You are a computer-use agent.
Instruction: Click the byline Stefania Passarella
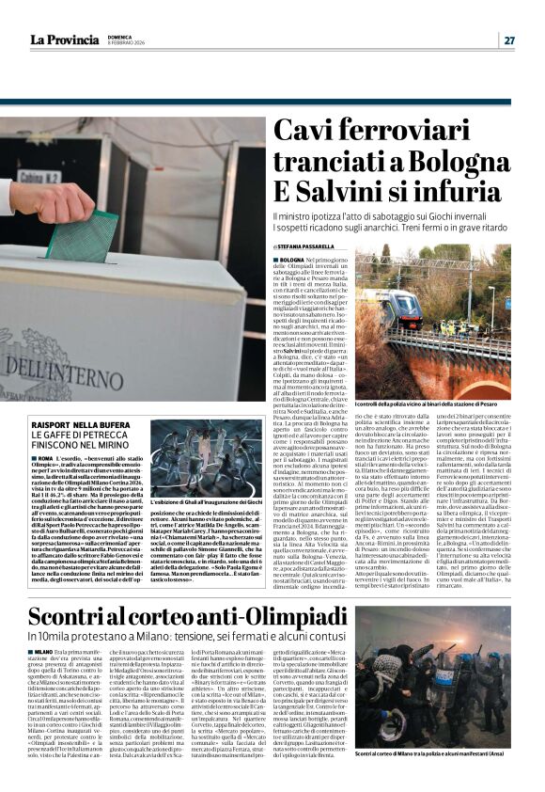click(302, 246)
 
